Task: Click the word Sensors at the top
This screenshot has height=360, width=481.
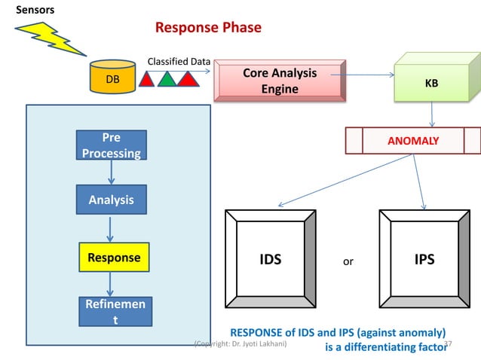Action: coord(35,8)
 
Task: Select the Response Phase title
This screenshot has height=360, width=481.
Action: coord(208,28)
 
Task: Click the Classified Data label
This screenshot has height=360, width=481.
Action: coord(179,62)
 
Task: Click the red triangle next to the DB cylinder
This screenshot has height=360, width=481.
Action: coord(149,79)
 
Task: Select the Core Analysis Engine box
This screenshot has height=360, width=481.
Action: coord(280,81)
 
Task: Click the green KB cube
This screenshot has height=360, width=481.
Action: coord(431,83)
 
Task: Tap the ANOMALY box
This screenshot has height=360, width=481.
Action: coord(412,140)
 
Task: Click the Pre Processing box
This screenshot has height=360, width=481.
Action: coord(112,145)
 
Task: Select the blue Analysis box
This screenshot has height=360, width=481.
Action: coord(112,200)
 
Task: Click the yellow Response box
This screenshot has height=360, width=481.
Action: coord(114,257)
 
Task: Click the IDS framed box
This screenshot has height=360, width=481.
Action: coord(271,260)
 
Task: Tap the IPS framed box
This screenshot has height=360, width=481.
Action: coord(424,260)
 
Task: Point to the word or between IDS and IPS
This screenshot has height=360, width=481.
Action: coord(348,261)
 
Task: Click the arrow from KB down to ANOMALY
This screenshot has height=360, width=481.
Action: coord(432,114)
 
